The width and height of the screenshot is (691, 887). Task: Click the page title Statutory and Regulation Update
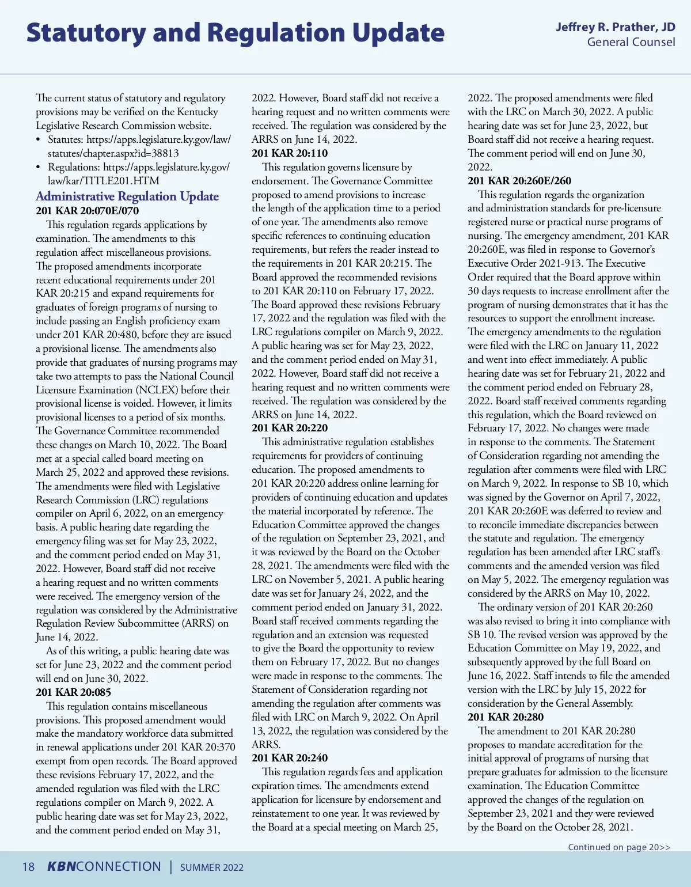pyautogui.click(x=235, y=33)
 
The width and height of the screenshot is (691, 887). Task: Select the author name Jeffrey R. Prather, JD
pyautogui.click(x=615, y=27)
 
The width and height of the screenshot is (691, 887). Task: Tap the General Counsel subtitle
pyautogui.click(x=631, y=42)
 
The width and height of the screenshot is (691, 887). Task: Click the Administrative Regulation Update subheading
pyautogui.click(x=127, y=196)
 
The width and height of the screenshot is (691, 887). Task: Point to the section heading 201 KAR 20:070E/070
pyautogui.click(x=88, y=211)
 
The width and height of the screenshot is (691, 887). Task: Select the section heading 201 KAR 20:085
pyautogui.click(x=73, y=692)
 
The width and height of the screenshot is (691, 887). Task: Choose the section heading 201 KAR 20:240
pyautogui.click(x=290, y=758)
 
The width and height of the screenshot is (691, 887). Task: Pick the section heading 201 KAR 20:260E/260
pyautogui.click(x=519, y=181)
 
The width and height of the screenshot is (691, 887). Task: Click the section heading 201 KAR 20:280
pyautogui.click(x=506, y=717)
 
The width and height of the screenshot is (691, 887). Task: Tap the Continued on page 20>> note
pyautogui.click(x=619, y=847)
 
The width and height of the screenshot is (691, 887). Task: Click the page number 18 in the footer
pyautogui.click(x=28, y=867)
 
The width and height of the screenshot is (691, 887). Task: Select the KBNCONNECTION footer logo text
pyautogui.click(x=104, y=867)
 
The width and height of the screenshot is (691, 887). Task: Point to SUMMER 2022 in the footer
pyautogui.click(x=212, y=867)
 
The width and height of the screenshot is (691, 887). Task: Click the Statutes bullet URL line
pyautogui.click(x=139, y=139)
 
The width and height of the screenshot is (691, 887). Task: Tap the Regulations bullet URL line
pyautogui.click(x=138, y=167)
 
